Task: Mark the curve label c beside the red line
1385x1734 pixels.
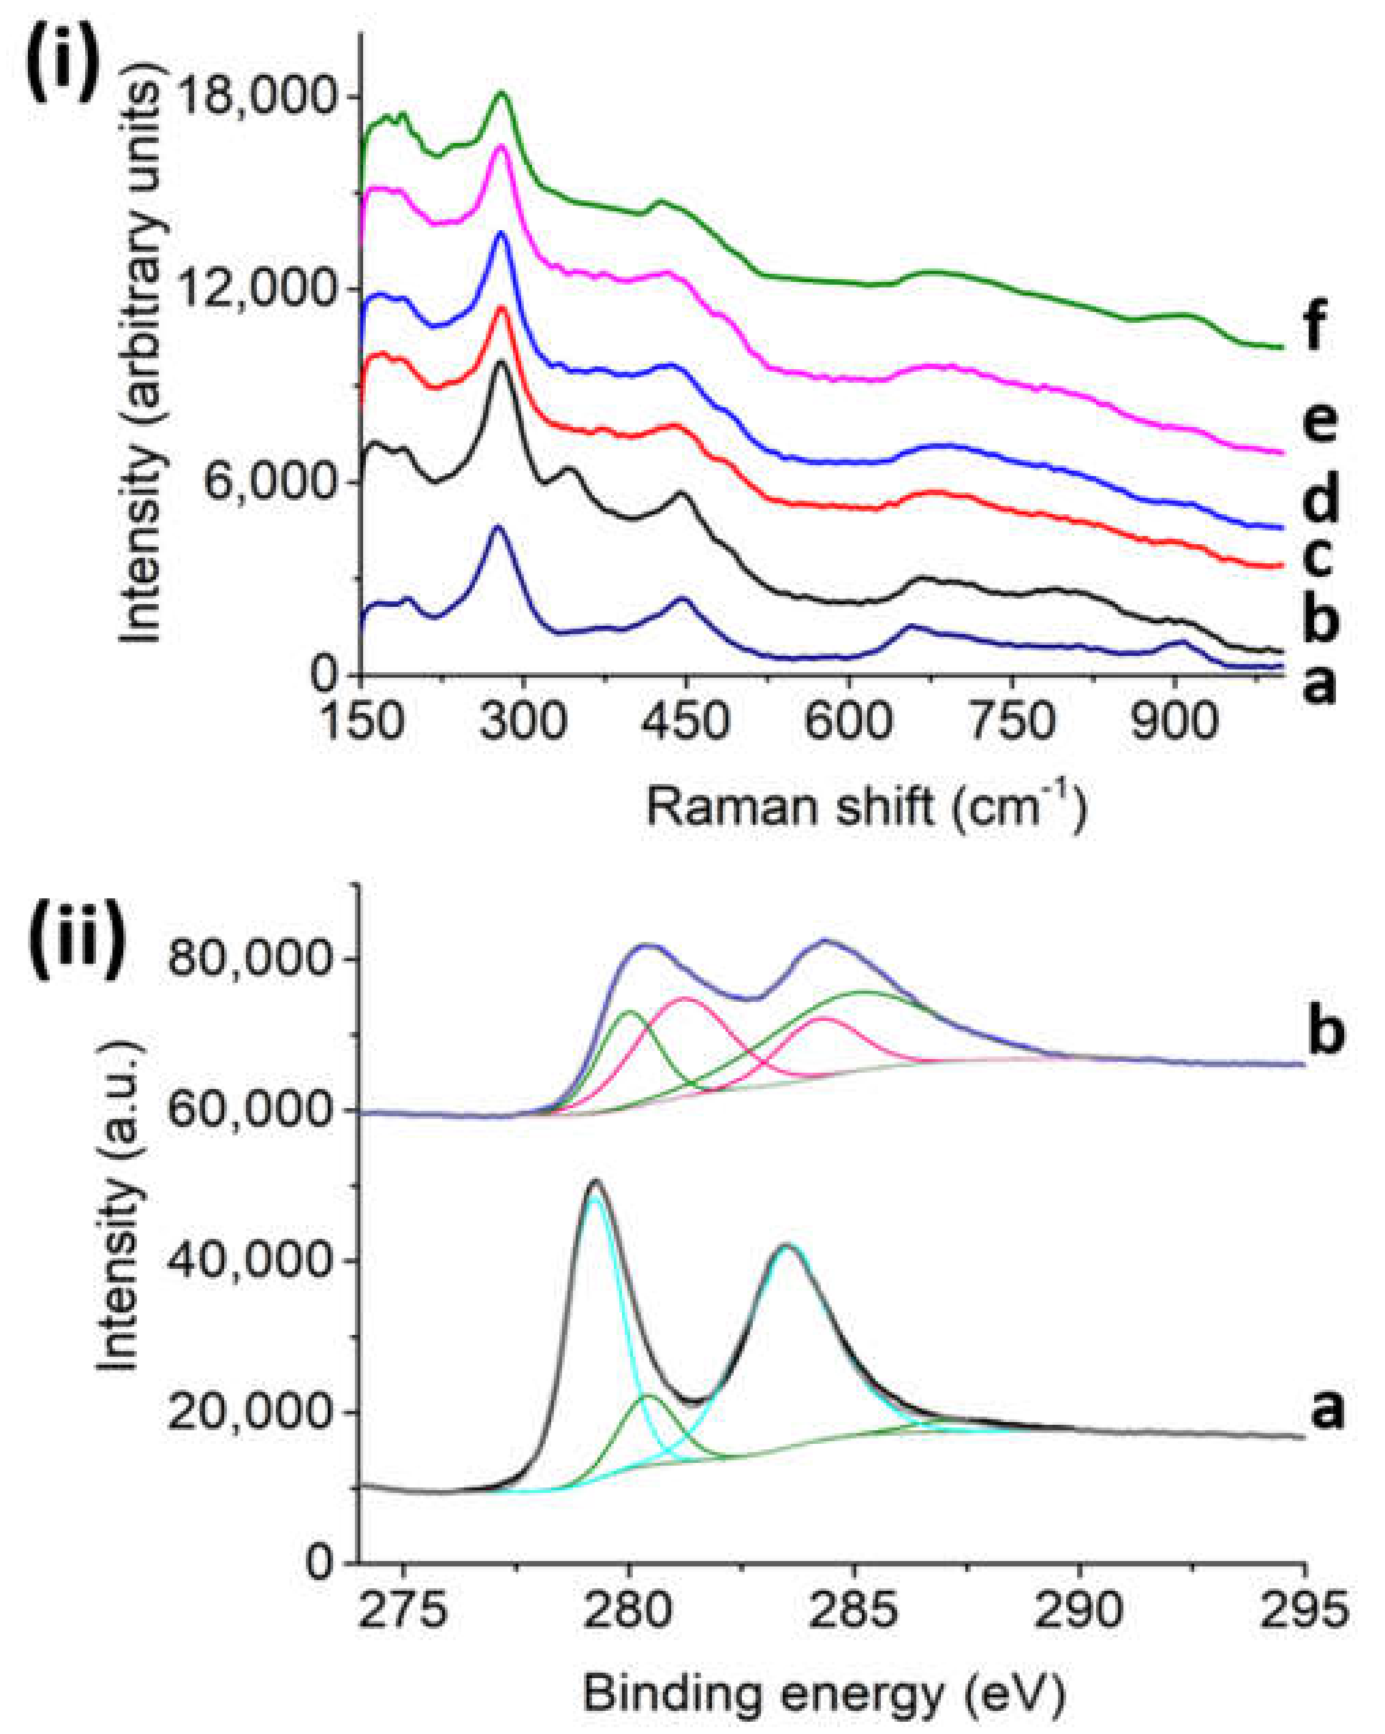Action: coord(1318,558)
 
